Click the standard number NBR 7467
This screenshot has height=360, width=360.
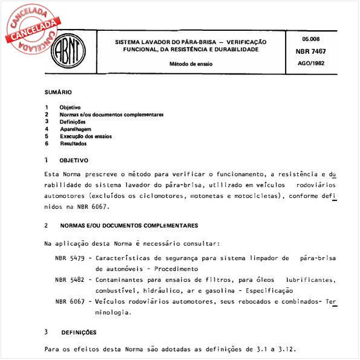click(311, 53)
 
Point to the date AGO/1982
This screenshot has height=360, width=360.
click(311, 63)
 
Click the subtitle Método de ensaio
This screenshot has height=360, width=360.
click(191, 63)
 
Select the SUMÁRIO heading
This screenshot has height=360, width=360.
click(58, 92)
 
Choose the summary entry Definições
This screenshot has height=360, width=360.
click(73, 121)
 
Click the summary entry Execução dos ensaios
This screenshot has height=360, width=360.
click(85, 136)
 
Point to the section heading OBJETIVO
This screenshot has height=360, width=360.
click(73, 160)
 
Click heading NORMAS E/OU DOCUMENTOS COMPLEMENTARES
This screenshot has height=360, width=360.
click(129, 225)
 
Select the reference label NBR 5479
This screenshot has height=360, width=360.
click(69, 258)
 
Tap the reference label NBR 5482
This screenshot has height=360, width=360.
click(69, 280)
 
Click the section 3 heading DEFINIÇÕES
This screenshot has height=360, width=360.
click(79, 332)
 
